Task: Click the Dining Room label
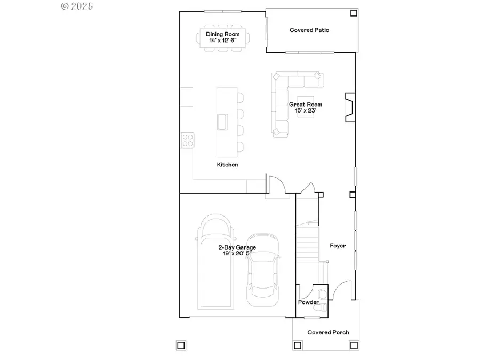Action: (223, 34)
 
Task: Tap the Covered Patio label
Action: (309, 30)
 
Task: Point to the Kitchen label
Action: (227, 165)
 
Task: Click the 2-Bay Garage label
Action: (237, 247)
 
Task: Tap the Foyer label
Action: (338, 246)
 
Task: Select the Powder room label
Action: (308, 302)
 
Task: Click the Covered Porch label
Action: (329, 332)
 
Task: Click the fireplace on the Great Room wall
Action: (349, 107)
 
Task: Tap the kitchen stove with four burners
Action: (188, 140)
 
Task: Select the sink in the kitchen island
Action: (222, 122)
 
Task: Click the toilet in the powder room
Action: (322, 295)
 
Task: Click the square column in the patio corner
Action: (353, 13)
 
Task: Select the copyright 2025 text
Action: (77, 6)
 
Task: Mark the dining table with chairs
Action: (223, 37)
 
